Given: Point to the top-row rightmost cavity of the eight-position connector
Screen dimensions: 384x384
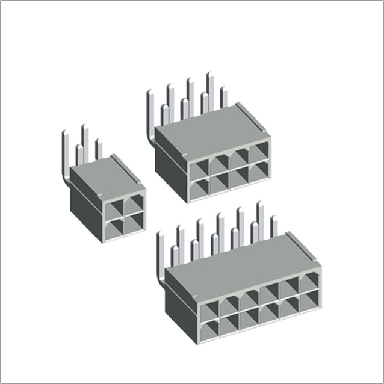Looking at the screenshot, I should (x=260, y=154).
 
